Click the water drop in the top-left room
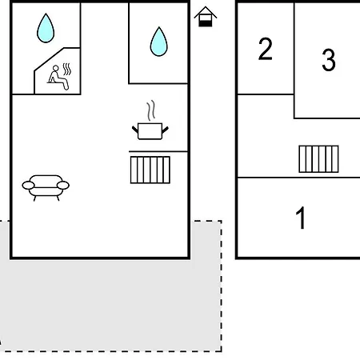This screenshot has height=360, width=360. click(x=46, y=29)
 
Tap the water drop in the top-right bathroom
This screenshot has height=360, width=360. click(x=159, y=42)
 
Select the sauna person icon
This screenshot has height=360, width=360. click(x=58, y=78)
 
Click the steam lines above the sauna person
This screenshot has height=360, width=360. click(x=67, y=69)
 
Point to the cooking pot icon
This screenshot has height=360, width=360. click(x=150, y=131)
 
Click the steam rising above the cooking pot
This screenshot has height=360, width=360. click(x=151, y=110)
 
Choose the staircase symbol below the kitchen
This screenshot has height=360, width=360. click(x=150, y=170)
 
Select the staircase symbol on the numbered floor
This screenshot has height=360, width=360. click(x=318, y=159)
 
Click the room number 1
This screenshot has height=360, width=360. click(x=301, y=218)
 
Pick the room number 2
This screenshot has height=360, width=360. click(x=266, y=49)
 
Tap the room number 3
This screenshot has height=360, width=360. click(x=329, y=60)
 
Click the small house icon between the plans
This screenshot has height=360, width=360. click(x=206, y=17)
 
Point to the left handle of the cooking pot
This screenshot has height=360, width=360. click(x=135, y=130)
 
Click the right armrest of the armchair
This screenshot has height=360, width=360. click(x=63, y=185)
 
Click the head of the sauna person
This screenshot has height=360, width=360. click(x=56, y=68)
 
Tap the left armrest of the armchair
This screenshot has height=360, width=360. click(x=28, y=185)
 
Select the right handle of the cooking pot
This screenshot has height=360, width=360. click(x=166, y=130)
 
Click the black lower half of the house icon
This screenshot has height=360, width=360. click(x=206, y=23)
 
